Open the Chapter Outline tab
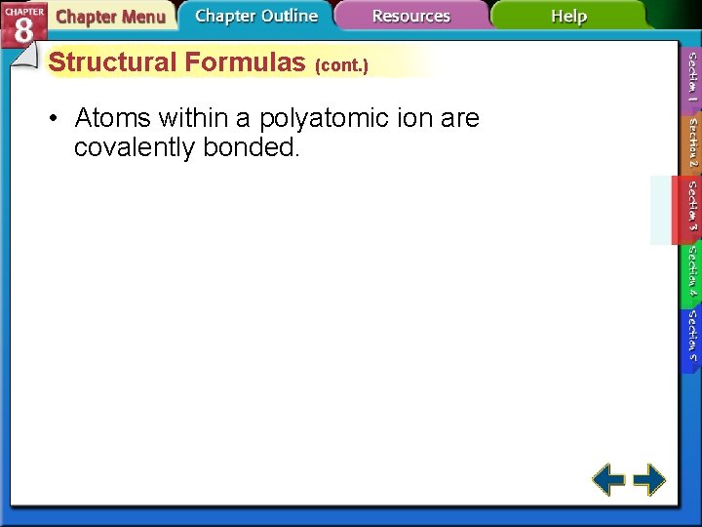point(255,17)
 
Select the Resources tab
point(410,17)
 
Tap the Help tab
point(568,17)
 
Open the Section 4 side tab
point(691,271)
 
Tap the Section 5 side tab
point(691,335)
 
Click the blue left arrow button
point(609,479)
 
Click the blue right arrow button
point(649,479)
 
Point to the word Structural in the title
point(113,62)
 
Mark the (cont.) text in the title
point(341,66)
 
